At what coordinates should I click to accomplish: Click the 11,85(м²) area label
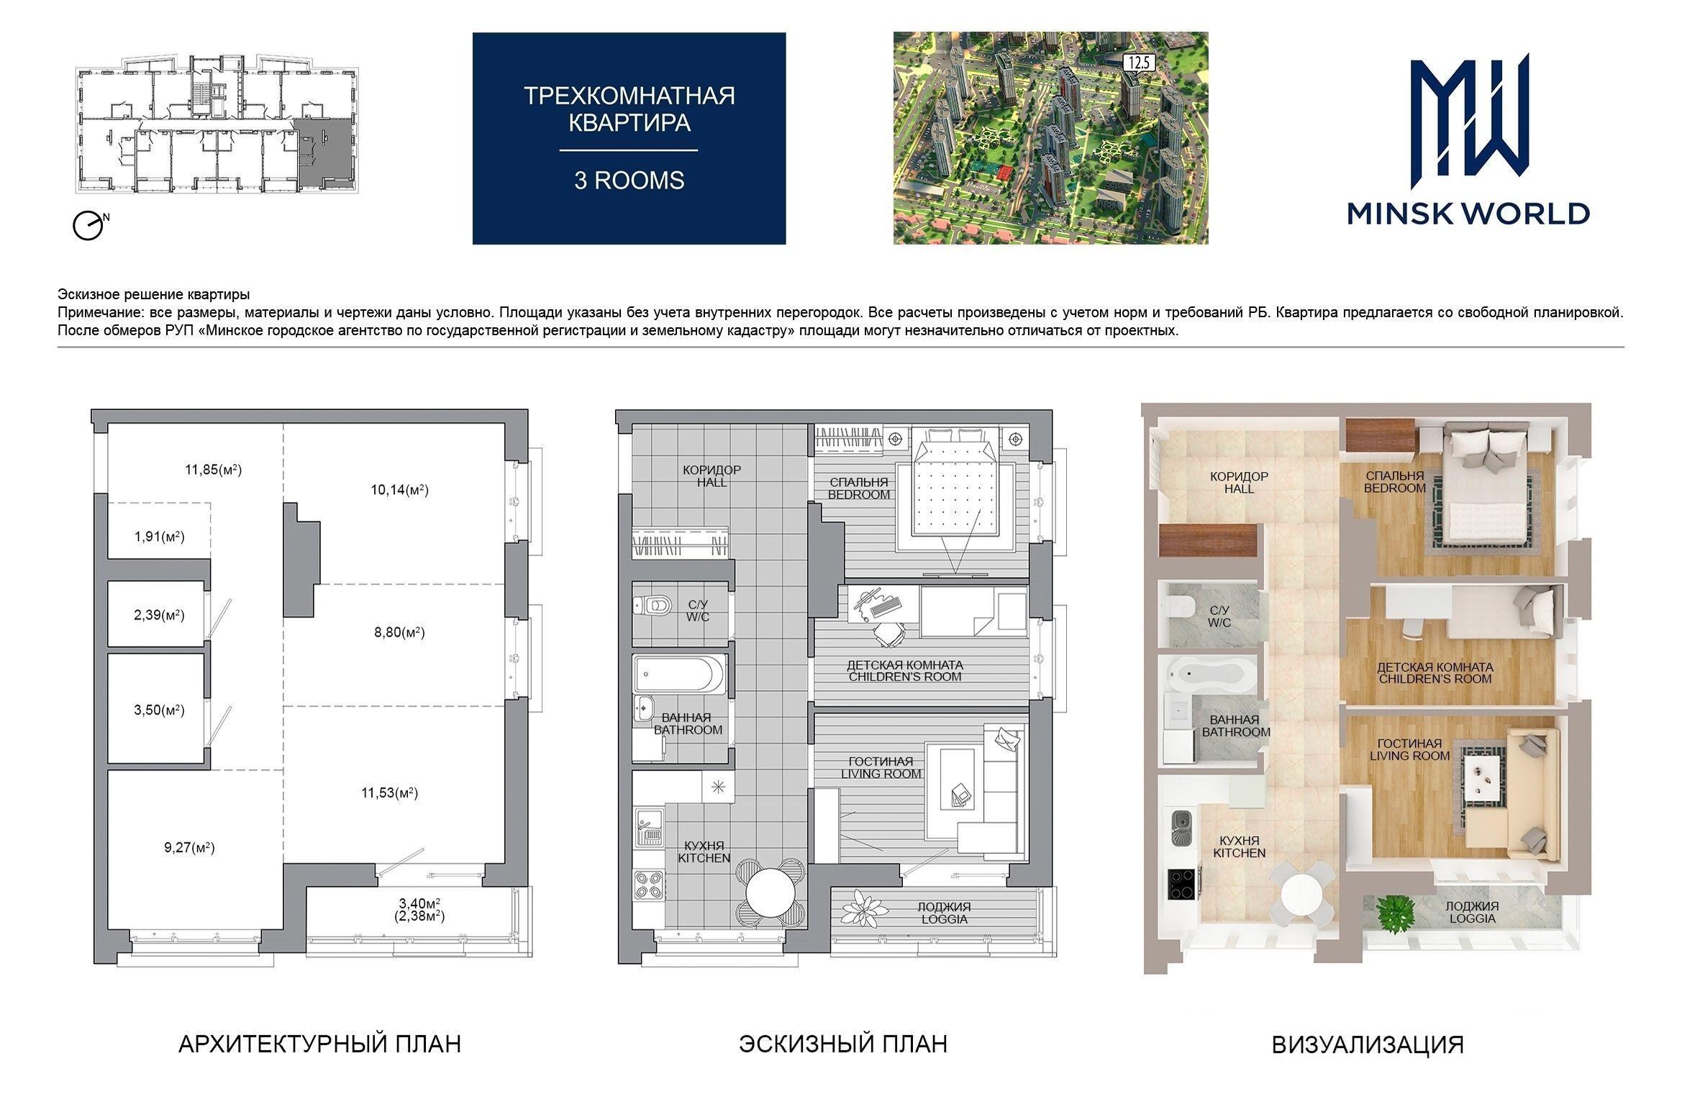tap(213, 470)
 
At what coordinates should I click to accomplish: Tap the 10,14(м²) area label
tap(400, 491)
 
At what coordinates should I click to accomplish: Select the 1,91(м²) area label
tap(159, 537)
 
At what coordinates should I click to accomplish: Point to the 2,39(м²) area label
tap(159, 615)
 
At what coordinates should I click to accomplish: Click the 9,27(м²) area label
tap(189, 847)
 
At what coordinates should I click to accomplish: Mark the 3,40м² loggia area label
tap(419, 903)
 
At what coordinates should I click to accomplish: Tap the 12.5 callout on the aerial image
tap(1137, 63)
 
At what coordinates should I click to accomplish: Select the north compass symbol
tap(89, 226)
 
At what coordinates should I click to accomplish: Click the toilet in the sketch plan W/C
tap(653, 606)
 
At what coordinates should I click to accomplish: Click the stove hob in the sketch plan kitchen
tap(649, 884)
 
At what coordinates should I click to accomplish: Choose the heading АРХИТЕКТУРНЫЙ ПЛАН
tap(319, 1044)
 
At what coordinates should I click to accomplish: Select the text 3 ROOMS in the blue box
tap(629, 180)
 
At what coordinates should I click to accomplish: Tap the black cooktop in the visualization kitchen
tap(1182, 884)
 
